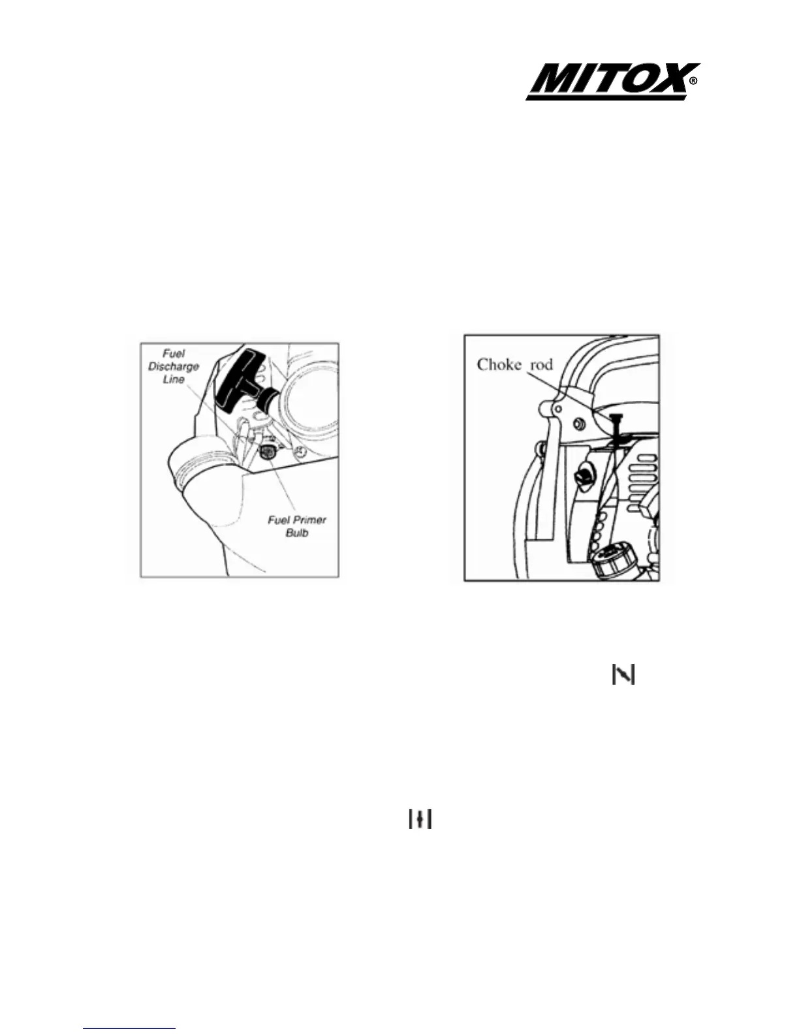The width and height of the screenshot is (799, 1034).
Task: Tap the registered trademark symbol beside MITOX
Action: pos(693,82)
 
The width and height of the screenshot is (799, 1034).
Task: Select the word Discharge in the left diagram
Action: pos(174,366)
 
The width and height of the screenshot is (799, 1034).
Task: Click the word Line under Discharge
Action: pos(174,379)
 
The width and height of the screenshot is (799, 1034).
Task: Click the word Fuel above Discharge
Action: pos(174,354)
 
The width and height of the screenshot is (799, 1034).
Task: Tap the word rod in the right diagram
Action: pos(540,364)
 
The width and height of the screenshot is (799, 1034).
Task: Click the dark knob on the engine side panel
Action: pos(584,475)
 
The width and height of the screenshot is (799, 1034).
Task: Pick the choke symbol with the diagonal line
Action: pos(623,675)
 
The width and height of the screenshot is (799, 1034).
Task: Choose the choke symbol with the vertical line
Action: pos(421,819)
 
